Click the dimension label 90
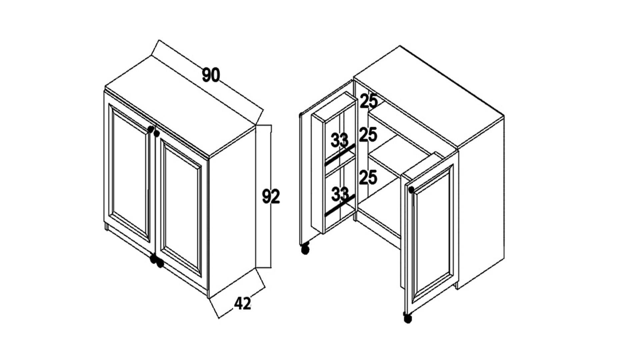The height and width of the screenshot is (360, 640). [x=211, y=75]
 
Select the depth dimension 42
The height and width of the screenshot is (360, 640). [x=242, y=303]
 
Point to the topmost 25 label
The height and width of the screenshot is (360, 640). [x=369, y=101]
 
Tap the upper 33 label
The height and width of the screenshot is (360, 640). [x=340, y=140]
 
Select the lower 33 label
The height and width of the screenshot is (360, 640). [x=340, y=194]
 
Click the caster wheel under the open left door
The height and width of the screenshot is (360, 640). [x=305, y=250]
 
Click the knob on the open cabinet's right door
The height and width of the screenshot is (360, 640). [x=411, y=190]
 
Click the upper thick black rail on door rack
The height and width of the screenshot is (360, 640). [x=340, y=155]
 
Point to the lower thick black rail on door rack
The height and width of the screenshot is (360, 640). [x=340, y=205]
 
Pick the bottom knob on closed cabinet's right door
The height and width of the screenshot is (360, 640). [x=160, y=263]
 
